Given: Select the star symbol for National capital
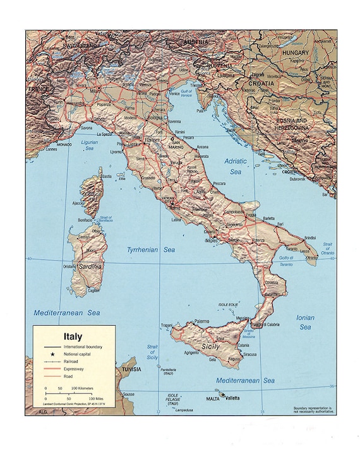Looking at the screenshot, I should pos(47,356).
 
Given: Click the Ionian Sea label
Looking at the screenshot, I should pos(305,323).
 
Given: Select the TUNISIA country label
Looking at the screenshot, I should pos(131,369).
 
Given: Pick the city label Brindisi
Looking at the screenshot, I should pos(310,237).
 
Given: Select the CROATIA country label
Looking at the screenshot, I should pos(260,83).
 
